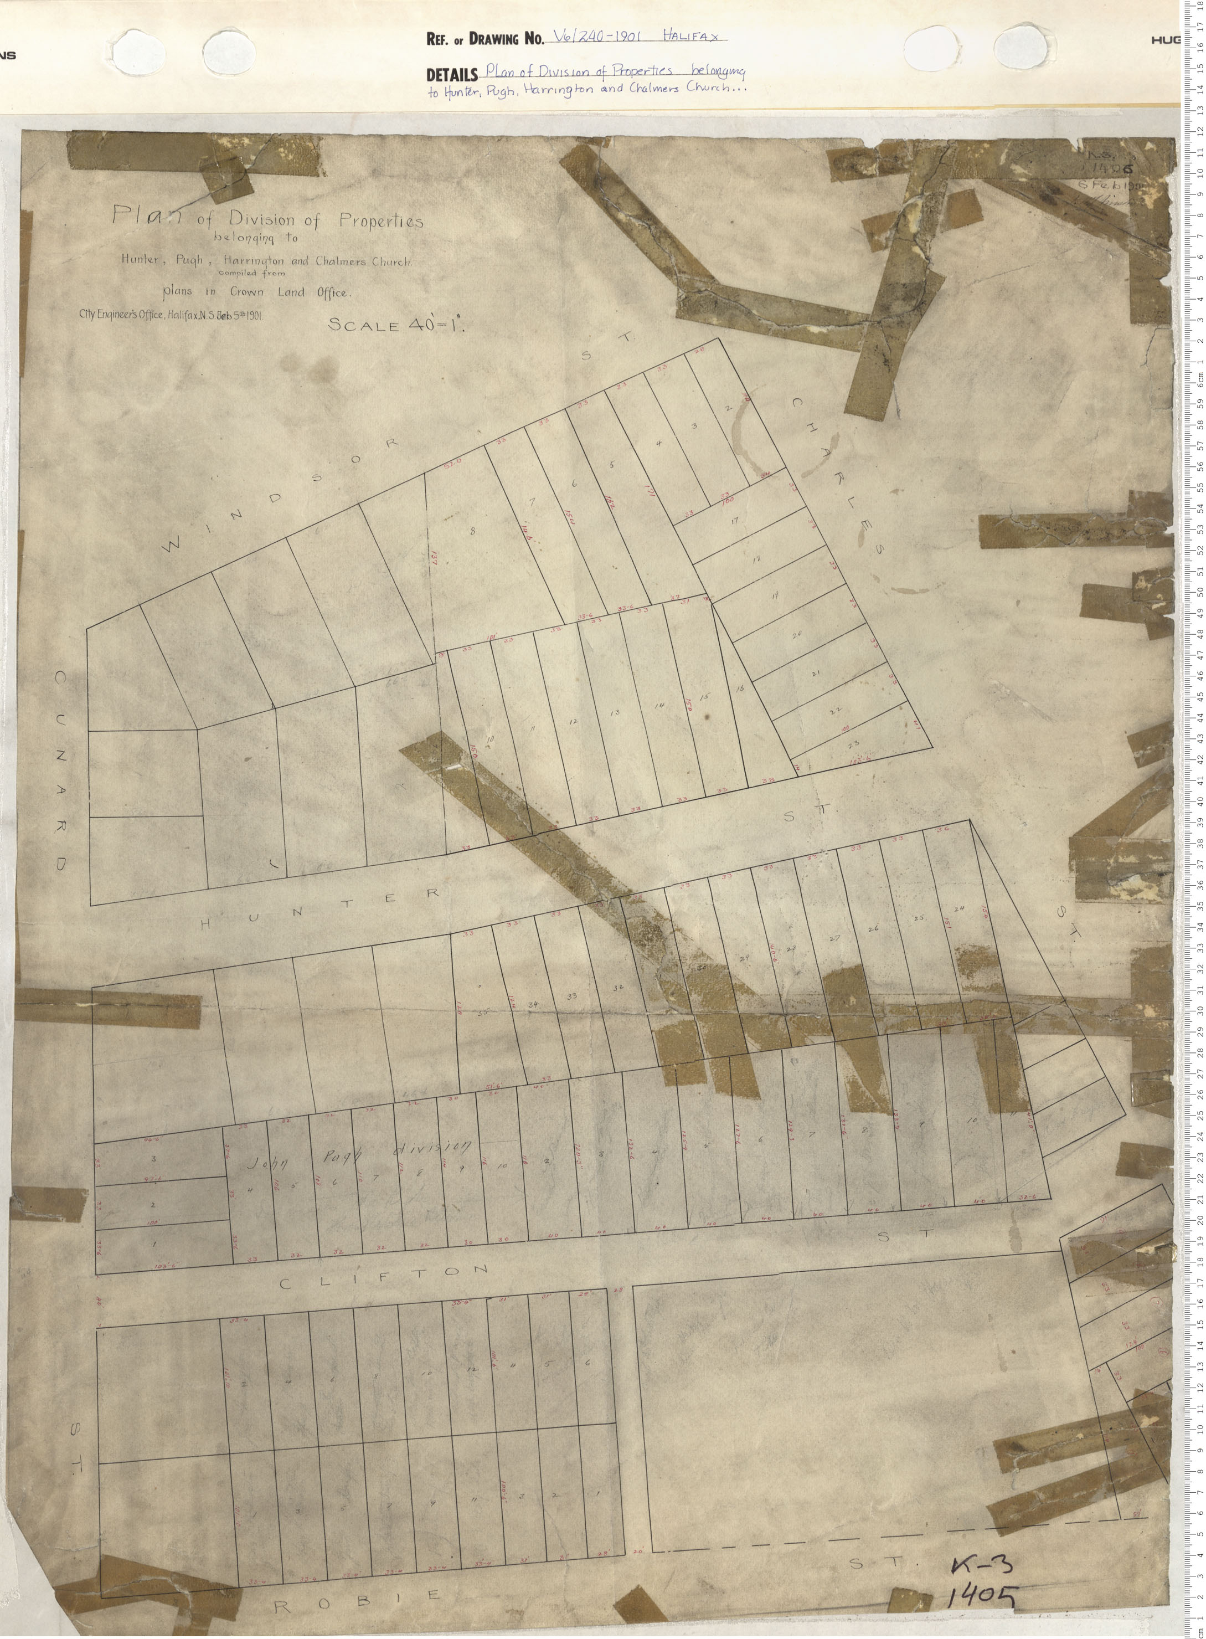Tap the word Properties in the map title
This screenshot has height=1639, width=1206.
pyautogui.click(x=380, y=220)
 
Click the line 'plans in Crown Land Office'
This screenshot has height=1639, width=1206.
pyautogui.click(x=257, y=292)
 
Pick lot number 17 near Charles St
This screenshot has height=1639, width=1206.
pyautogui.click(x=734, y=521)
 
